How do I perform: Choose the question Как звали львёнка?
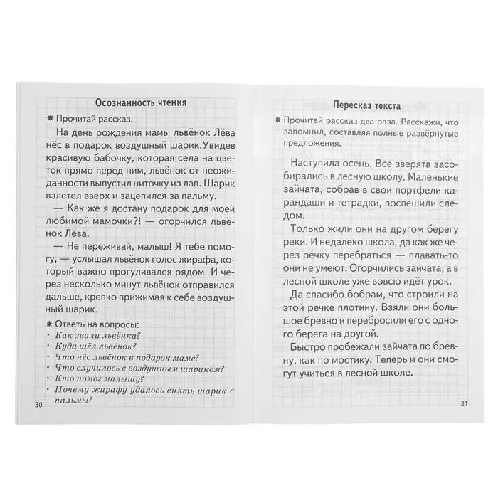click(x=99, y=336)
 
